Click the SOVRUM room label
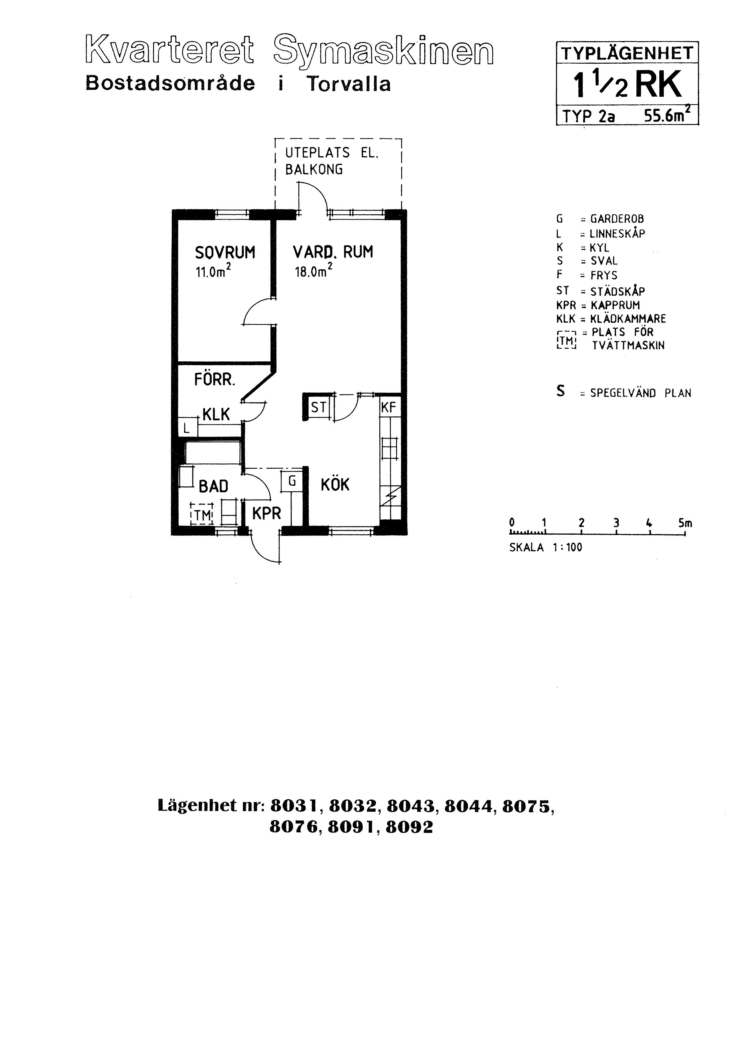click(225, 252)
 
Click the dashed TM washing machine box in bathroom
click(202, 514)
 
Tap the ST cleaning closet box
click(318, 407)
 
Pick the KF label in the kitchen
click(389, 407)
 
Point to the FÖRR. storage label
click(214, 380)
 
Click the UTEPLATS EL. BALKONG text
click(331, 161)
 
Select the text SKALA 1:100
click(545, 547)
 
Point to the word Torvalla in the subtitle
click(348, 84)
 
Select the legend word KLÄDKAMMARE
click(628, 319)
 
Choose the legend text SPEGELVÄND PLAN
click(640, 393)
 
